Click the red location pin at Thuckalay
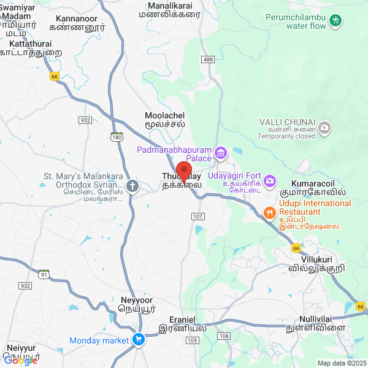coord(184,171)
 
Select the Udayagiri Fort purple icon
coord(271,181)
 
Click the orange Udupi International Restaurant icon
coord(269,213)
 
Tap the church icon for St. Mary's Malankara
coord(131,185)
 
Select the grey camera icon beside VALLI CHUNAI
coord(324,128)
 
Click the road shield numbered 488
coord(207,59)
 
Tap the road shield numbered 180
coord(117,136)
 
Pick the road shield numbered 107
coord(197,217)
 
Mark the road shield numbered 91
coord(44,274)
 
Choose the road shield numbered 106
coord(224,335)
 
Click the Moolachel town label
coord(164,119)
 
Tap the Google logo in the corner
coord(21,361)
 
